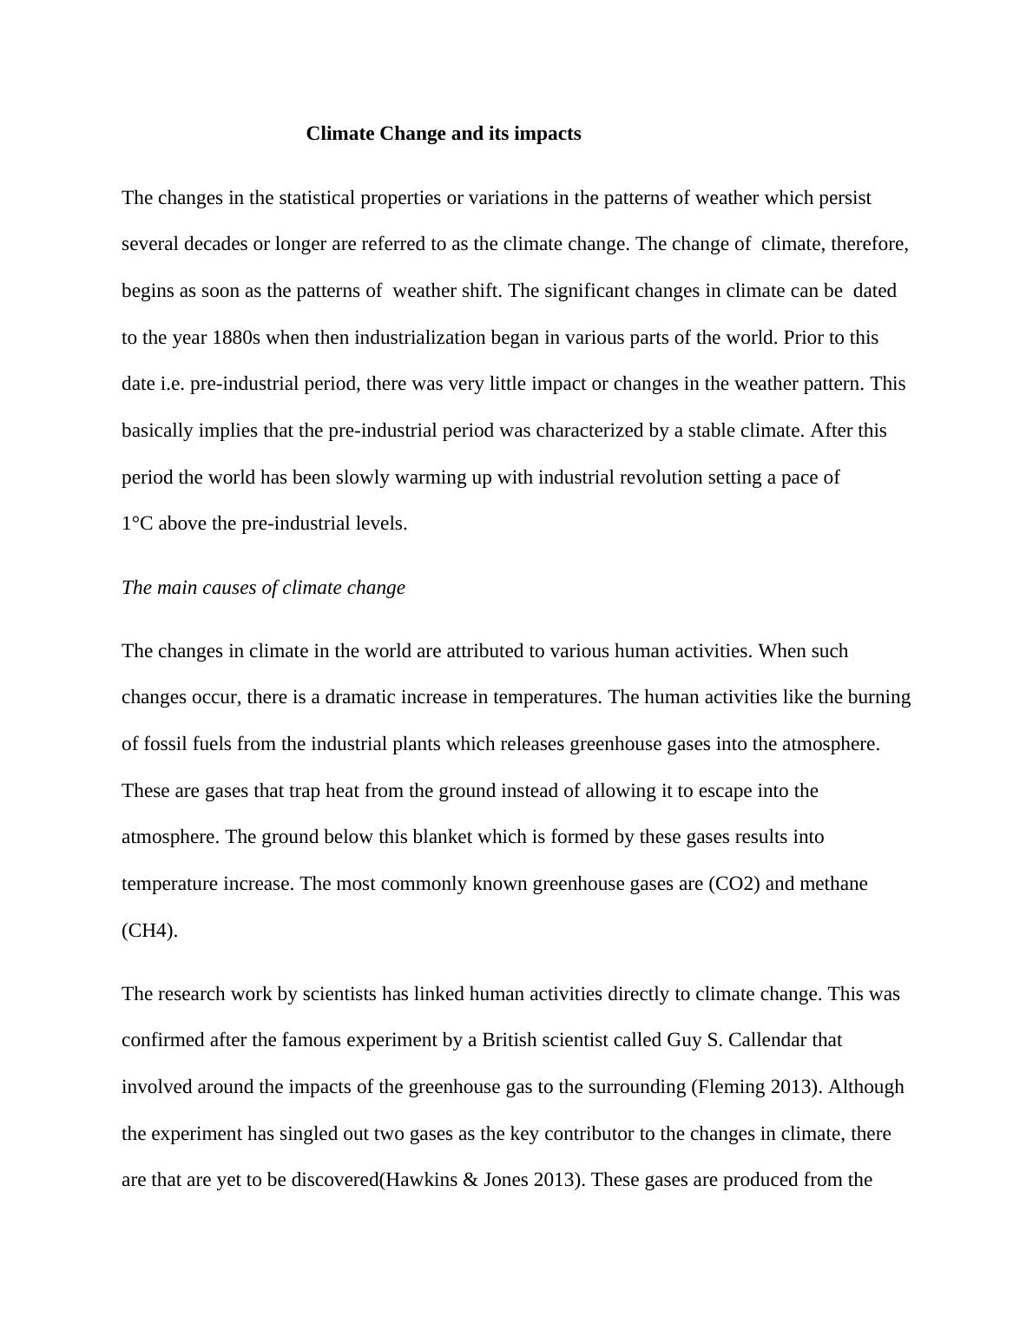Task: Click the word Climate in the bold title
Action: [x=340, y=134]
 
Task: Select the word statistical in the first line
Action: [x=316, y=198]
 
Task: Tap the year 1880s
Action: [x=236, y=338]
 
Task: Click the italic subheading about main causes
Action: [x=263, y=588]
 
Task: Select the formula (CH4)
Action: [x=149, y=931]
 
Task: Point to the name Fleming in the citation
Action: [x=731, y=1087]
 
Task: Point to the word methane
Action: [x=833, y=884]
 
